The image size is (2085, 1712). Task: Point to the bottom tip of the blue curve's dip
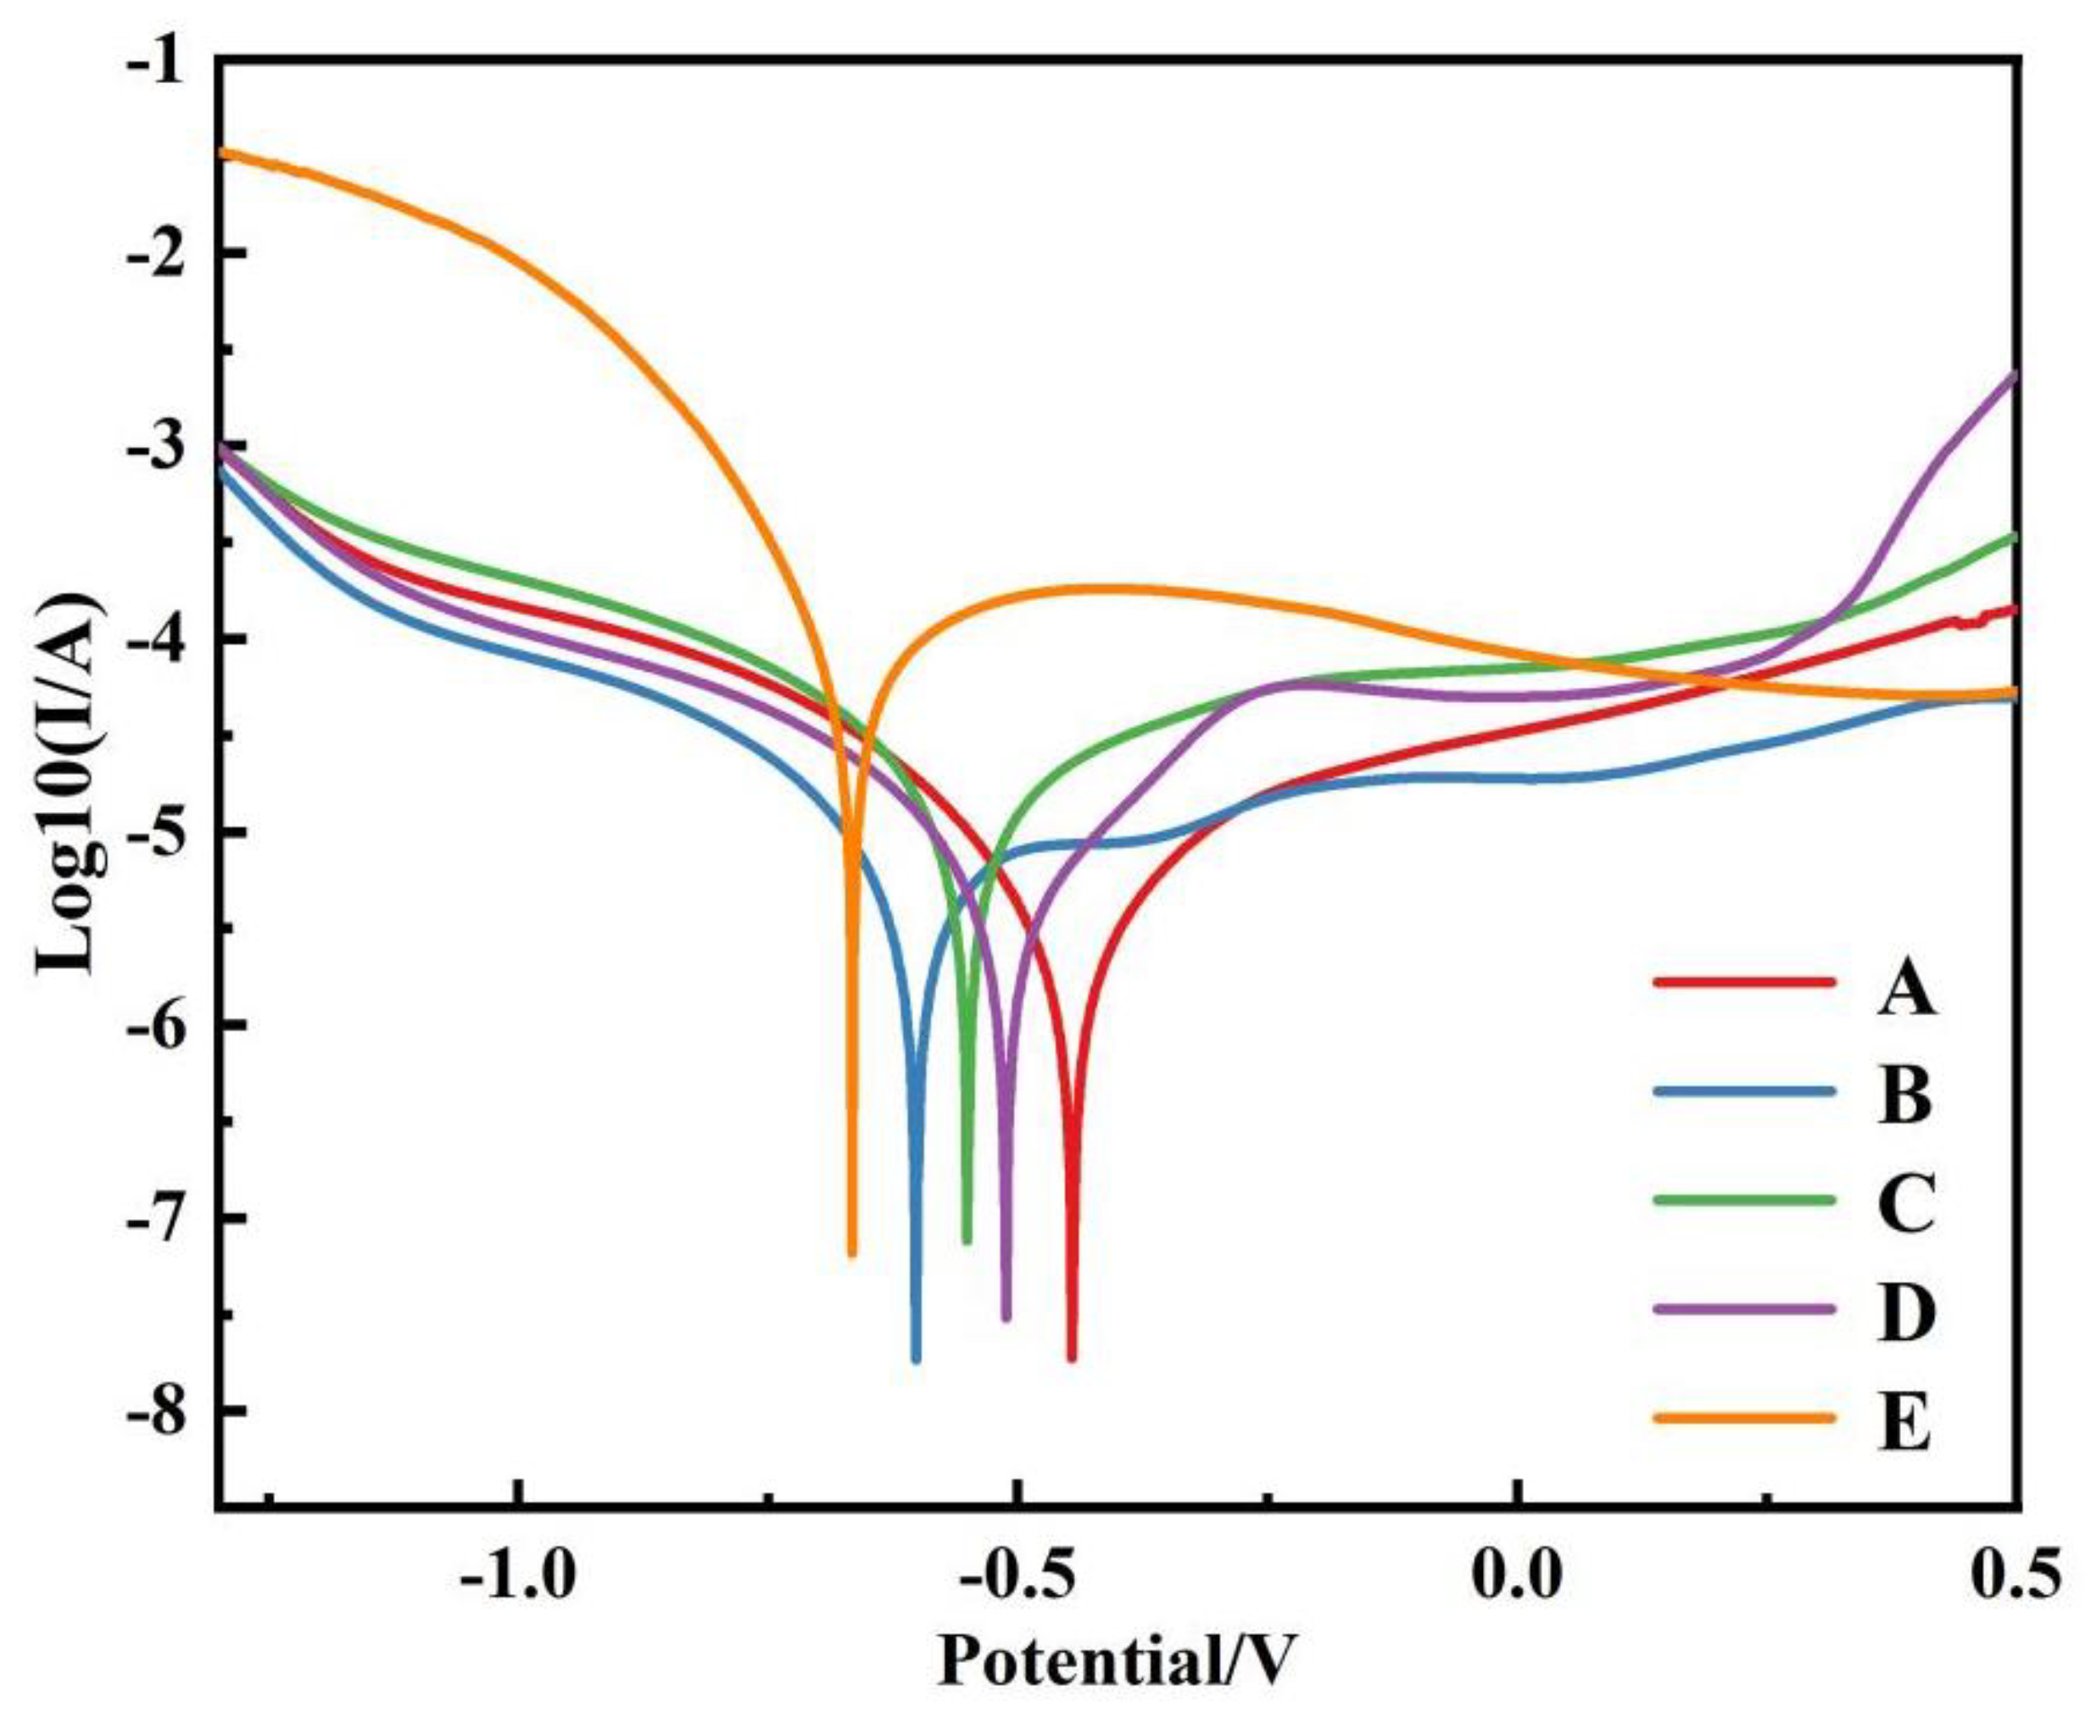(915, 1360)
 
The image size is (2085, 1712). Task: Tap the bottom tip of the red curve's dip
(1071, 1360)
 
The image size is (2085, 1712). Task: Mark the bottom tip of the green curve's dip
(967, 1241)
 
